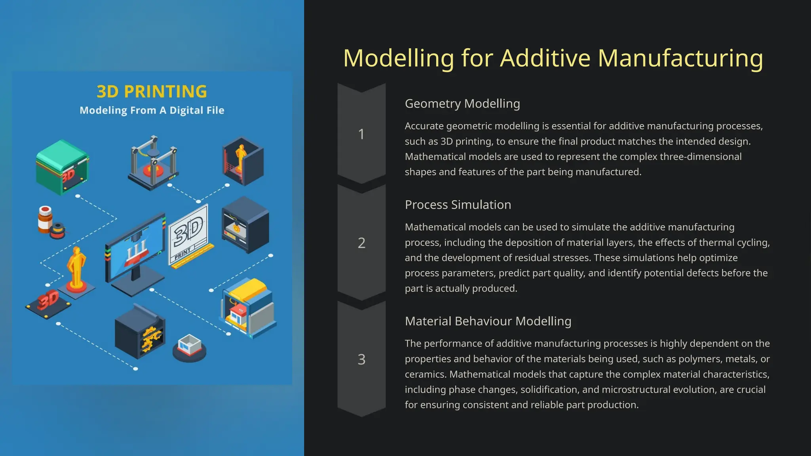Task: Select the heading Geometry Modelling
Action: click(462, 104)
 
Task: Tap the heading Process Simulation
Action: click(458, 205)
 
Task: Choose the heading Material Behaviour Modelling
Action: click(488, 321)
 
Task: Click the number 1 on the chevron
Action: click(361, 134)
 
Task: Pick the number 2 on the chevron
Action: click(361, 243)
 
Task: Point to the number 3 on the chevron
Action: click(361, 359)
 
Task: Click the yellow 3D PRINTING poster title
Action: click(152, 92)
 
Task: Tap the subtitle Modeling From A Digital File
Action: click(152, 110)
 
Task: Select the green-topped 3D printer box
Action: click(62, 167)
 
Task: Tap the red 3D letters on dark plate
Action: click(48, 301)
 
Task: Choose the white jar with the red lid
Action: click(45, 219)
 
